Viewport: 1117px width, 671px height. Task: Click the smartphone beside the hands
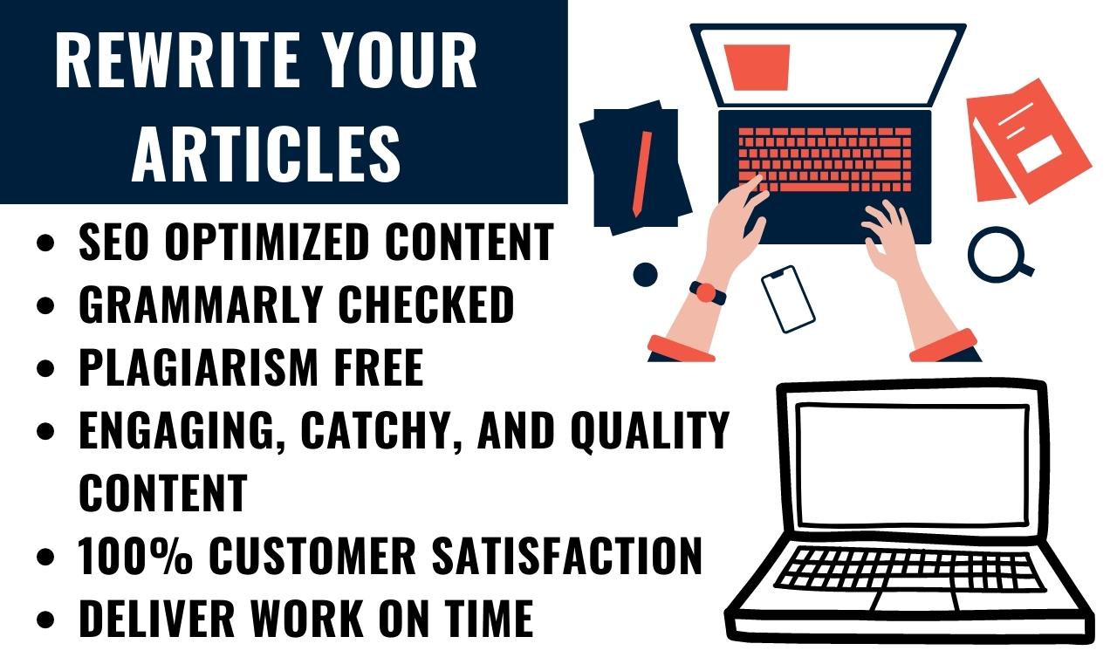point(788,298)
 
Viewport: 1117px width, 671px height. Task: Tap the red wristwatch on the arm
point(706,292)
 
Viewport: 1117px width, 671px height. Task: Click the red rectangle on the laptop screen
point(757,67)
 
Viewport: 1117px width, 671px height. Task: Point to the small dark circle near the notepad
point(645,274)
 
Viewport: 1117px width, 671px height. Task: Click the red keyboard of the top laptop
point(825,157)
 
